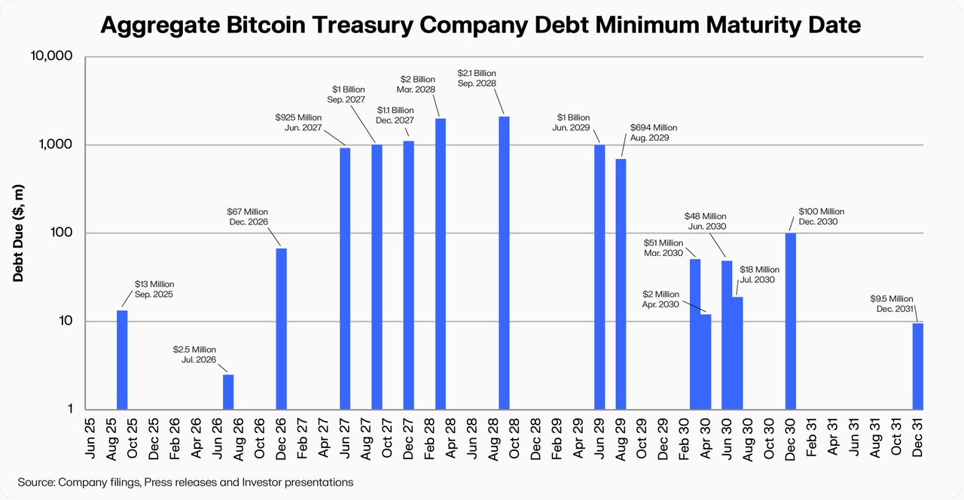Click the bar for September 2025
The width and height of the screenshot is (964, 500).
pyautogui.click(x=122, y=360)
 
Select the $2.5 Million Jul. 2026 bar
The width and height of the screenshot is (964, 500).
pyautogui.click(x=228, y=392)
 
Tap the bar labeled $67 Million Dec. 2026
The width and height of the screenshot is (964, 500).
pyautogui.click(x=281, y=329)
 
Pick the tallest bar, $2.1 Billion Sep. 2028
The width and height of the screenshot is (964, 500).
pyautogui.click(x=504, y=263)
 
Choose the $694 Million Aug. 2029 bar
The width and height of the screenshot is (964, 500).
pyautogui.click(x=621, y=284)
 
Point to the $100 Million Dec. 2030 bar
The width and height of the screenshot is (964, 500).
pyautogui.click(x=791, y=321)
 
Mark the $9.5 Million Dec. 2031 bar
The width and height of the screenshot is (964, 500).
pyautogui.click(x=918, y=366)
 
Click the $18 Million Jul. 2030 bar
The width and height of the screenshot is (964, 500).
pyautogui.click(x=737, y=353)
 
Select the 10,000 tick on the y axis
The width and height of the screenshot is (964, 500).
pyautogui.click(x=51, y=56)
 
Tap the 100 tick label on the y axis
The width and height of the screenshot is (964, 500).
pyautogui.click(x=61, y=233)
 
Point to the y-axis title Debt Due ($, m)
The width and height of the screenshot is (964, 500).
pyautogui.click(x=18, y=233)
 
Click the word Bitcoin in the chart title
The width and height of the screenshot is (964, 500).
pyautogui.click(x=266, y=25)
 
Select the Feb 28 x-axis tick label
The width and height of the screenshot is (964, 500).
pyautogui.click(x=429, y=438)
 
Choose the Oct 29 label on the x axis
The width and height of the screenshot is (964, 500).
pyautogui.click(x=642, y=438)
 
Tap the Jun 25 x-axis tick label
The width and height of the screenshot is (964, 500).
pyautogui.click(x=90, y=438)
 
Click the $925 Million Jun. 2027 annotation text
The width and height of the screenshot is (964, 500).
pyautogui.click(x=299, y=123)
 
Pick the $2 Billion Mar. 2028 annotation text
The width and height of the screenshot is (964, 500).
pyautogui.click(x=416, y=84)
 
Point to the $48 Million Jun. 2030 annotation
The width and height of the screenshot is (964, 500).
pyautogui.click(x=706, y=221)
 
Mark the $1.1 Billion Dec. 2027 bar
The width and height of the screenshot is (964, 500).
pyautogui.click(x=408, y=275)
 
